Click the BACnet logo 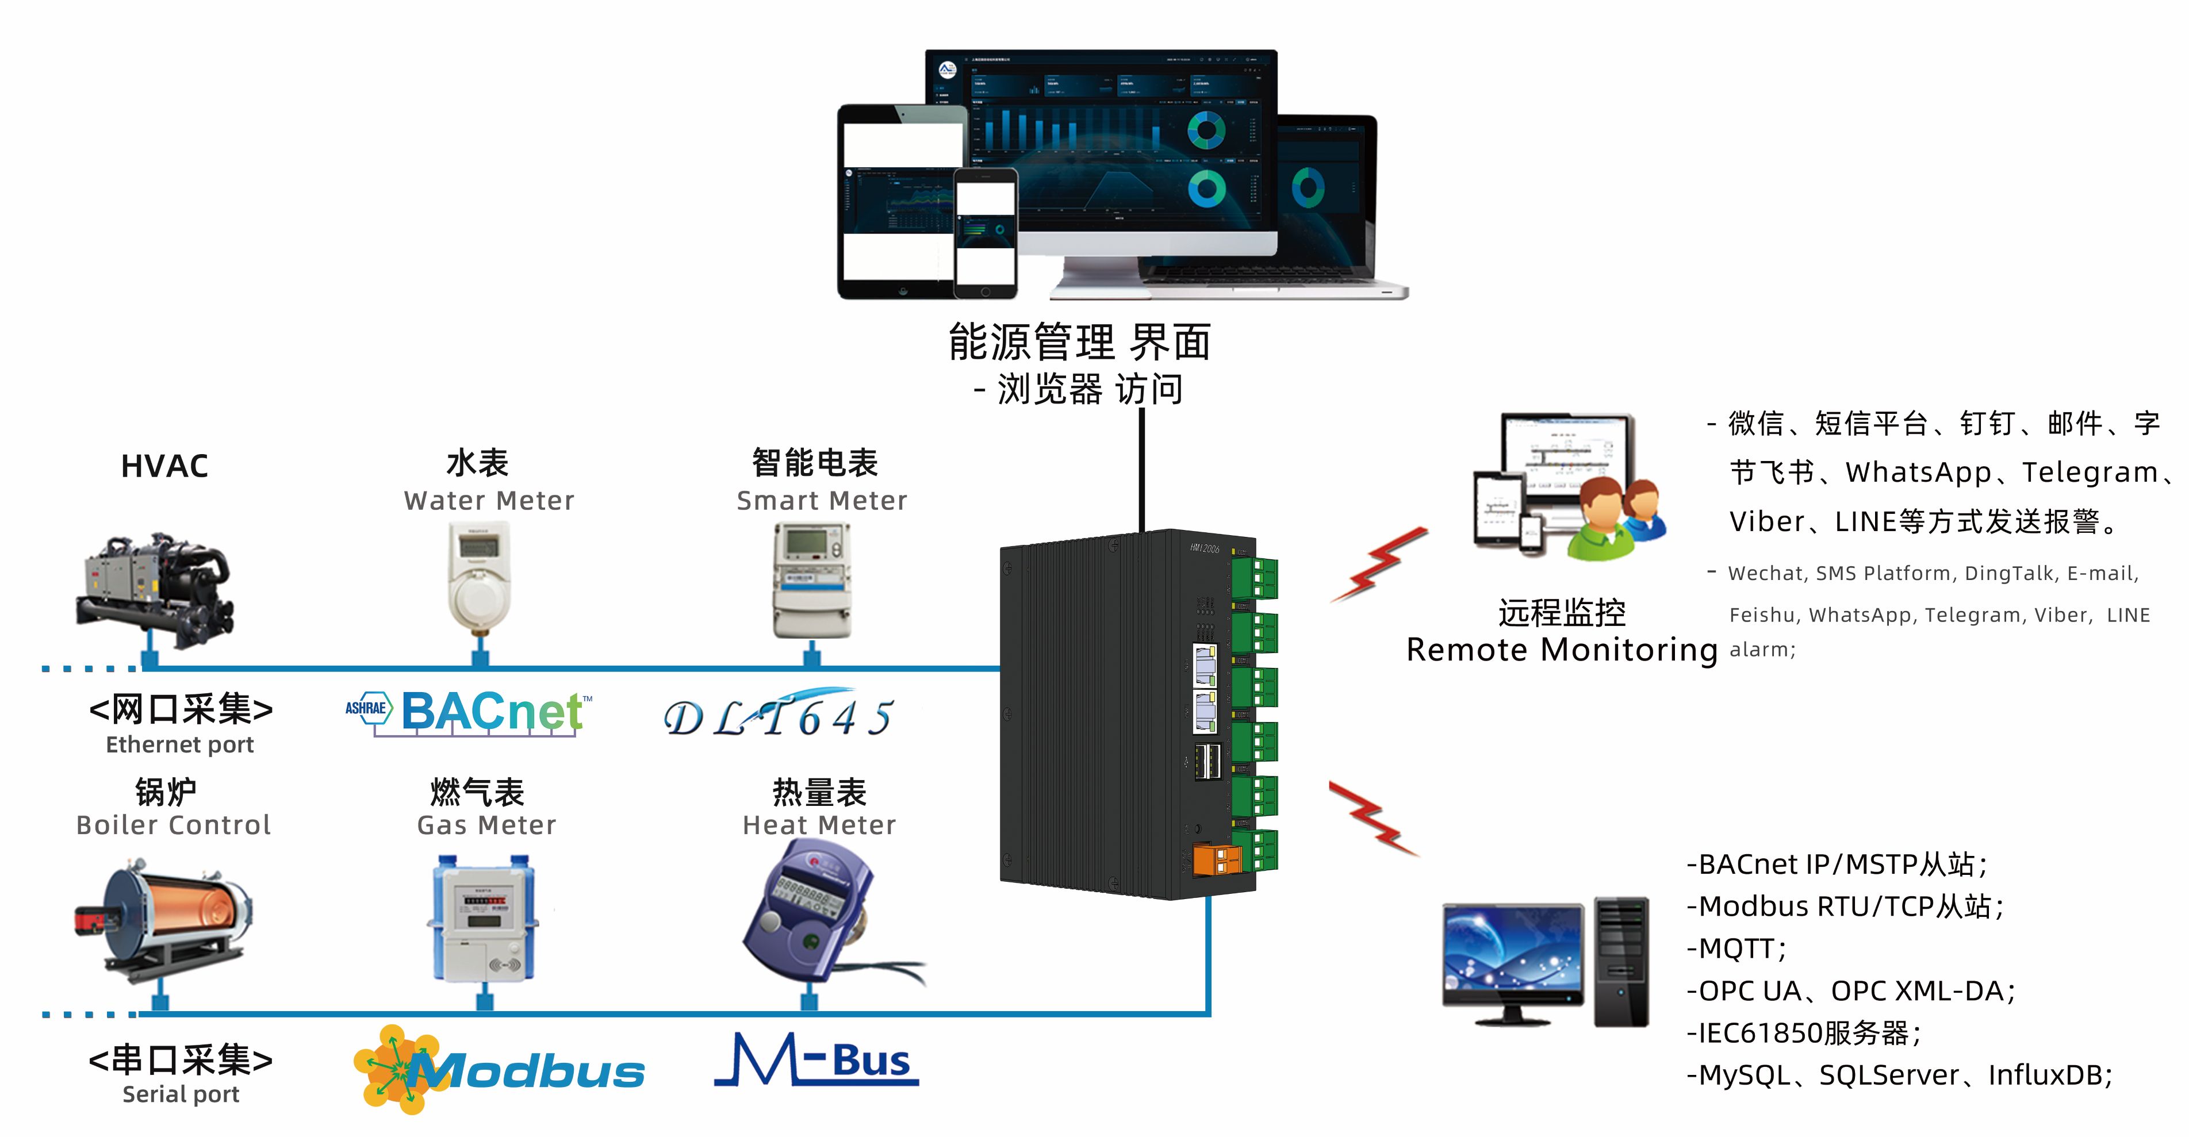(469, 711)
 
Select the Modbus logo (500, 1070)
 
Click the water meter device (480, 578)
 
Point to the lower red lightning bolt (1373, 817)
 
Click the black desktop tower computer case (1621, 961)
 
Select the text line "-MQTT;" (1737, 948)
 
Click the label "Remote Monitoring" (1562, 650)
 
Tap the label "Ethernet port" (180, 745)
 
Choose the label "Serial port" (181, 1094)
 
